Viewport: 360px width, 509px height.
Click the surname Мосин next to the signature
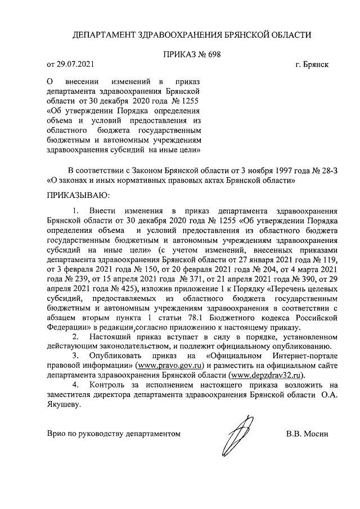[x=314, y=434]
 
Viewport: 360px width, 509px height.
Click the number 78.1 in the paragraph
[x=224, y=317]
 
